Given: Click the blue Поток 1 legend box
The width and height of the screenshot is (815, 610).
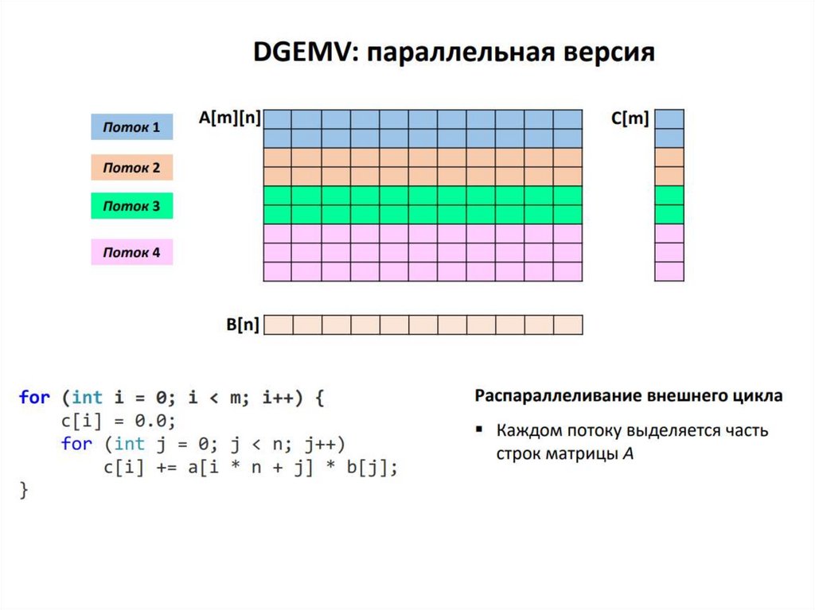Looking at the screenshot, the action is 131,127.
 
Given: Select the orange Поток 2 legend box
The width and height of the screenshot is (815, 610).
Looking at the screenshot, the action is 131,168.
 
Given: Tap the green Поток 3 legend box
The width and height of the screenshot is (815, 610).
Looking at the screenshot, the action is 131,207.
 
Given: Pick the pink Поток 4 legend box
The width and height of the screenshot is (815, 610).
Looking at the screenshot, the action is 131,253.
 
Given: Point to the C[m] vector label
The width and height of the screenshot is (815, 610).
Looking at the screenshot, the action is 630,119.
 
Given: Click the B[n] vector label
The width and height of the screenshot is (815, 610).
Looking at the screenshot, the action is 242,324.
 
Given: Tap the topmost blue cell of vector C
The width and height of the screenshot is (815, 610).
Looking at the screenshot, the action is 669,119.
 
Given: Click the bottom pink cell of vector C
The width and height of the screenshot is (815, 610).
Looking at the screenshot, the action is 669,271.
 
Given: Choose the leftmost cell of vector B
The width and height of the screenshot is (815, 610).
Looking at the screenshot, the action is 279,324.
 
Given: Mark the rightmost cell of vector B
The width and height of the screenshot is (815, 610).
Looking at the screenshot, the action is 568,324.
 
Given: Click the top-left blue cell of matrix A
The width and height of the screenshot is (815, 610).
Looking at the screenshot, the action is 278,119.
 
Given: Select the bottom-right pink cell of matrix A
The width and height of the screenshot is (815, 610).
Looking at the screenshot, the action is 568,271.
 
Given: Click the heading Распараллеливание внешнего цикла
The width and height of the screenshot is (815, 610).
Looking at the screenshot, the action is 628,395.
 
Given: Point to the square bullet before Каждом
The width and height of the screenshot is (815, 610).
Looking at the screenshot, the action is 479,429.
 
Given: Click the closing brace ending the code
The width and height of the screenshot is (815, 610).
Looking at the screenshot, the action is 24,491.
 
